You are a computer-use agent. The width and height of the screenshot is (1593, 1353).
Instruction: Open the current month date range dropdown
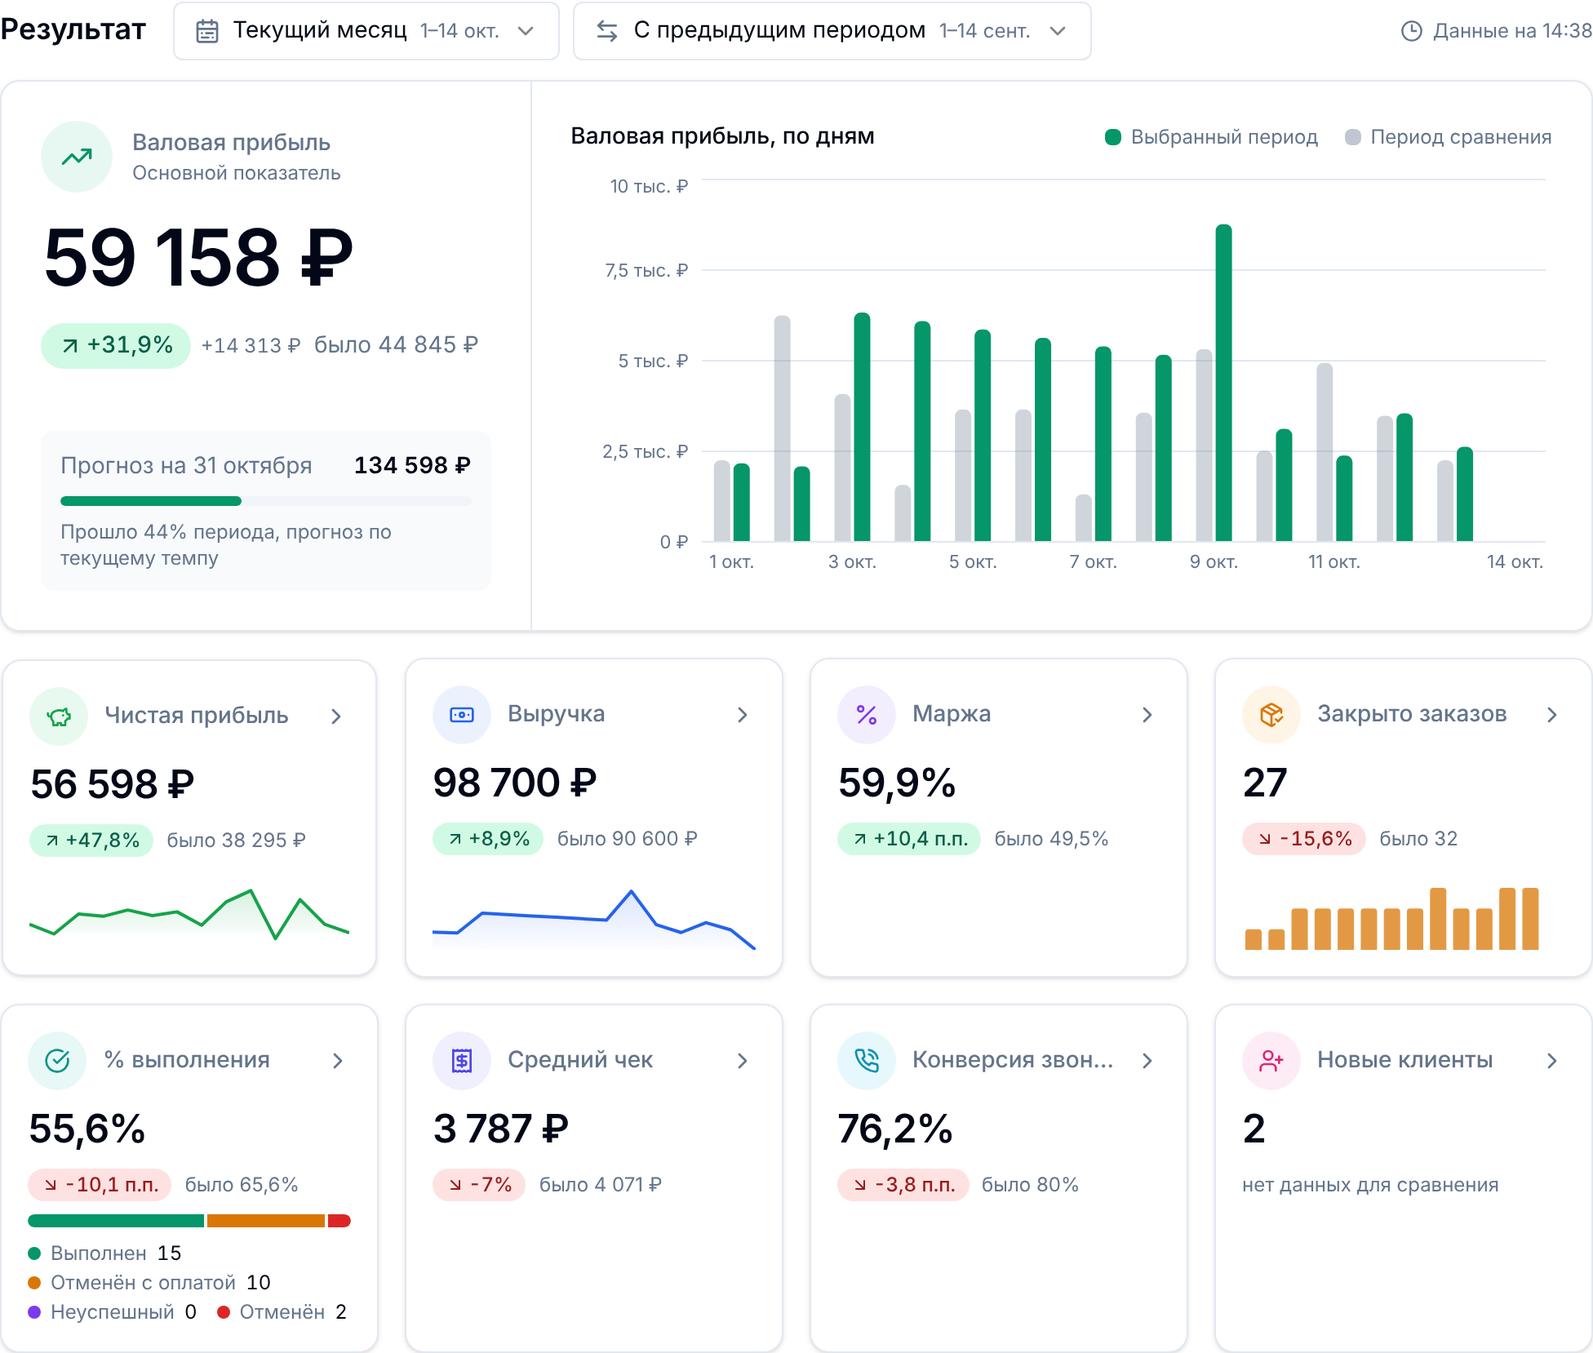tap(366, 31)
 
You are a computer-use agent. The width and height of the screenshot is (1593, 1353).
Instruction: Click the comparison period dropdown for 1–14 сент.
tap(832, 31)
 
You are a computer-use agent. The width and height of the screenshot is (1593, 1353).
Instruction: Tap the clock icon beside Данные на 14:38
tap(1411, 31)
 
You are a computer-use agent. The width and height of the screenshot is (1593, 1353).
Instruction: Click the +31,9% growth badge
tap(116, 345)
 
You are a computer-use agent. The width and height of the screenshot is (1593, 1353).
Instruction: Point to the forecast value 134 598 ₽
tap(412, 465)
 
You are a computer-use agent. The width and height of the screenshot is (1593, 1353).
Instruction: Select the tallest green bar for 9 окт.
tap(1223, 383)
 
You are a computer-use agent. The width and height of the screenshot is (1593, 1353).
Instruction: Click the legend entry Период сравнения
tap(1449, 137)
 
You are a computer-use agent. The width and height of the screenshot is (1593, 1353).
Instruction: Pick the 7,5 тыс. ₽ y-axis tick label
tap(646, 270)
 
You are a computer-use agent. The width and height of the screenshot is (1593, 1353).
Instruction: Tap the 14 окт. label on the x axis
tap(1515, 561)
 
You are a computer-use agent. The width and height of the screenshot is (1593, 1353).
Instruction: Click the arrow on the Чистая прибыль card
tap(336, 716)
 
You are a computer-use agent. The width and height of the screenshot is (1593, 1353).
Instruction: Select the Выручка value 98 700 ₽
tap(515, 783)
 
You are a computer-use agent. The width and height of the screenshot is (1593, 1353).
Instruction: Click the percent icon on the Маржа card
tap(867, 715)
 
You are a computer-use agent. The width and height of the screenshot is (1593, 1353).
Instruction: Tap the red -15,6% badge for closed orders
tap(1304, 839)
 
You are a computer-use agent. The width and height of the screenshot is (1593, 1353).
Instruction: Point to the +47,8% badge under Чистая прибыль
tap(91, 841)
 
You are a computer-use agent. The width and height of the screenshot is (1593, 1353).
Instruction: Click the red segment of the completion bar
tap(339, 1221)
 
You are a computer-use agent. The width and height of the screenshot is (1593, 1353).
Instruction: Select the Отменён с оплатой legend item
tap(149, 1283)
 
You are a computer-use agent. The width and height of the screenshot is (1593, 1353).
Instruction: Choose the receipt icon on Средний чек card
tap(462, 1061)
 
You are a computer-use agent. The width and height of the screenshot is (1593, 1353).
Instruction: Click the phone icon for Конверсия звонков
tap(867, 1061)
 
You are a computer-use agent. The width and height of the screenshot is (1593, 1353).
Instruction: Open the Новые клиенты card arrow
tap(1552, 1061)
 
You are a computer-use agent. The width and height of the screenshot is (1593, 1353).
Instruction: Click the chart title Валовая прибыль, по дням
tap(722, 136)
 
